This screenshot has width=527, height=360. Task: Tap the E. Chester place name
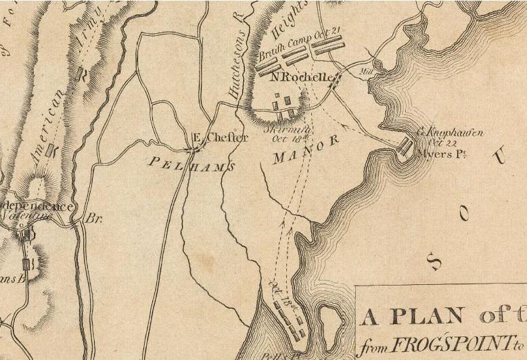coord(211,137)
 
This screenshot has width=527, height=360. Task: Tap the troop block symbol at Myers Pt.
coord(406,148)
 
